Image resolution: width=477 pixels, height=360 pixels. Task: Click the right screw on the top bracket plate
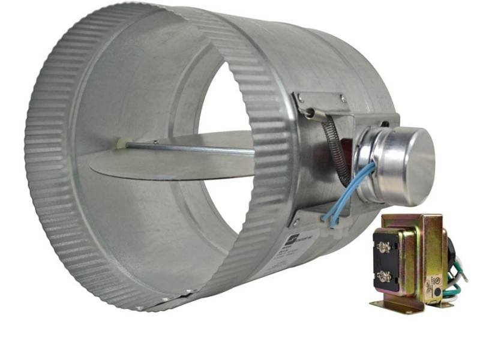tap(341, 98)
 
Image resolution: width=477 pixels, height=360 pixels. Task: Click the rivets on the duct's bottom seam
tap(180, 293)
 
